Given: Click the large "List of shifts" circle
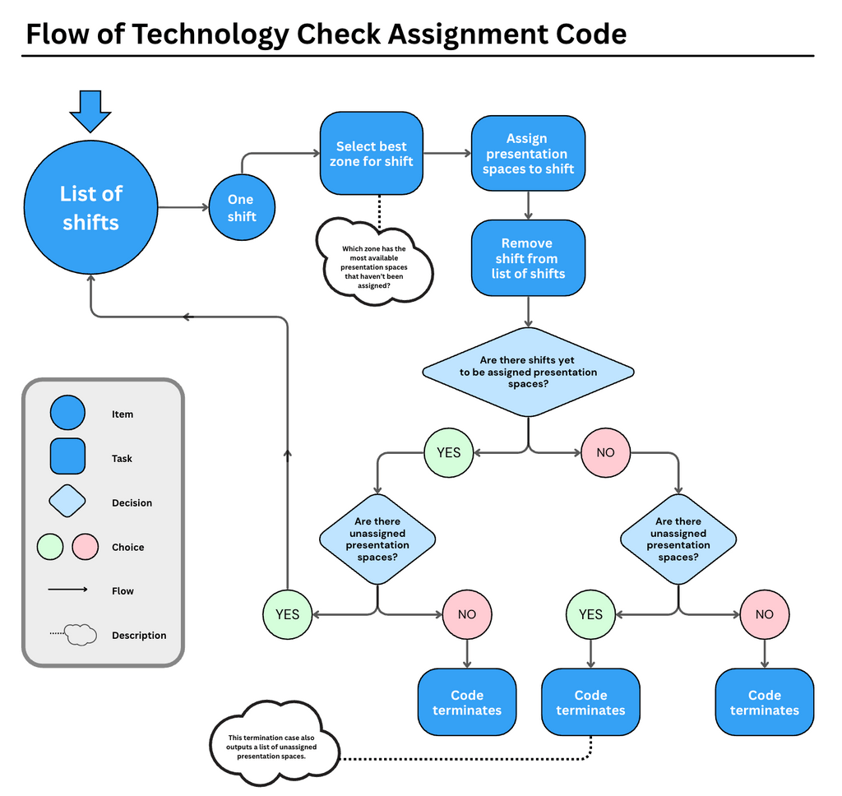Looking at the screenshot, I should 90,208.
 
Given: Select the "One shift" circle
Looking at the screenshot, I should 241,208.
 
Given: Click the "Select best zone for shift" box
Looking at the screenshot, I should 372,155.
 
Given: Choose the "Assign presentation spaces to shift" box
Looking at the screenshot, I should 528,154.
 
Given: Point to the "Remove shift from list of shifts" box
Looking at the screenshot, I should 528,258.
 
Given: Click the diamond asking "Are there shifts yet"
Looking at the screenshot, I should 528,372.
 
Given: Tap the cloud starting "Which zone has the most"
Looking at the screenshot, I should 375,262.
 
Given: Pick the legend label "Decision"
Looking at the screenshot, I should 132,502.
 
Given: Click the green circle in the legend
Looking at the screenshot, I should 50,547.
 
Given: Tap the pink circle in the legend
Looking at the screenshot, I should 86,547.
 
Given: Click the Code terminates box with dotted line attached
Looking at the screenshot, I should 590,702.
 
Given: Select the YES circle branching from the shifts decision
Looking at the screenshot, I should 448,452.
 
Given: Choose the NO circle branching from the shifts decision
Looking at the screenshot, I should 605,452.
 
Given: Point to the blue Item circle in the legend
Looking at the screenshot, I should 67,414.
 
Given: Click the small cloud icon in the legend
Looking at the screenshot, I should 81,635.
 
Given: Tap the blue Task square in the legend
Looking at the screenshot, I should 67,457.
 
